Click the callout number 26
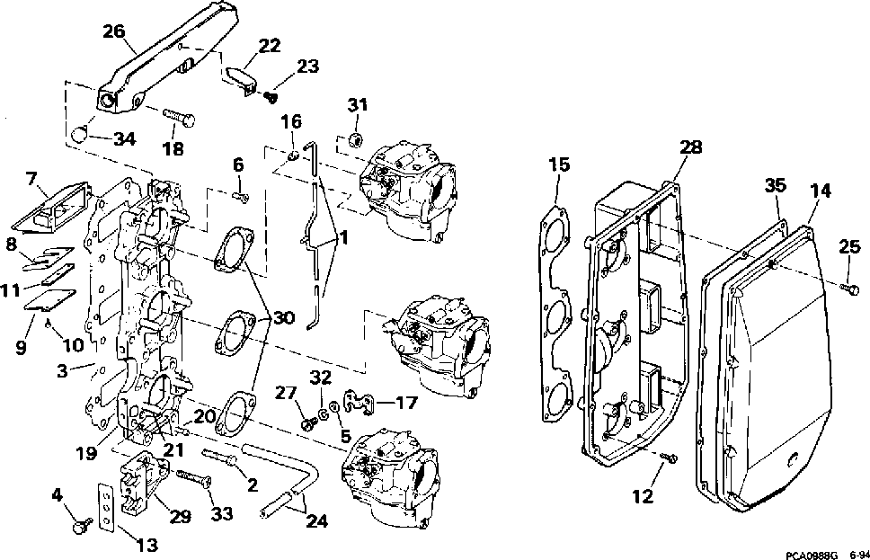click(x=113, y=31)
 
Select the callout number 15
click(x=559, y=164)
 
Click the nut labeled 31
click(x=356, y=139)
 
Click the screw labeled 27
click(x=308, y=420)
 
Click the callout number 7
click(x=31, y=179)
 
